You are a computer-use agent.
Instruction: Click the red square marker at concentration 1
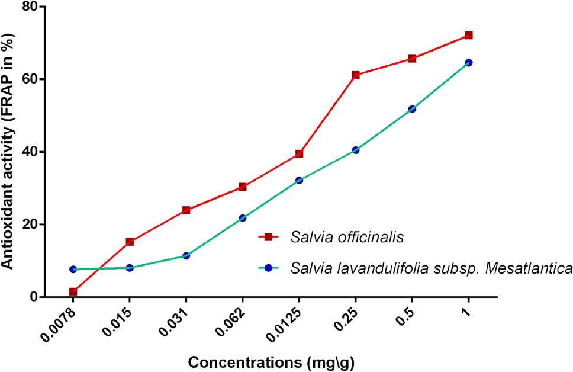coord(468,36)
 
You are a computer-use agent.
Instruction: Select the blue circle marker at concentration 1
coord(468,63)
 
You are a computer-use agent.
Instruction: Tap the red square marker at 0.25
coord(355,75)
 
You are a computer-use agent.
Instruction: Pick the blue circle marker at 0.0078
coord(73,270)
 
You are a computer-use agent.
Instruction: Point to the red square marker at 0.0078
coord(73,291)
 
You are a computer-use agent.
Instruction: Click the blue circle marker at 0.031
coord(186,256)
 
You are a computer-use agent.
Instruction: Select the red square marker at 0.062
coord(243,187)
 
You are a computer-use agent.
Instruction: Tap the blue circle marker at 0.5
coord(412,109)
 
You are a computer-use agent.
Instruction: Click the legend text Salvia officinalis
coord(347,238)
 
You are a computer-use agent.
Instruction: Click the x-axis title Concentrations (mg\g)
coord(271,361)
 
